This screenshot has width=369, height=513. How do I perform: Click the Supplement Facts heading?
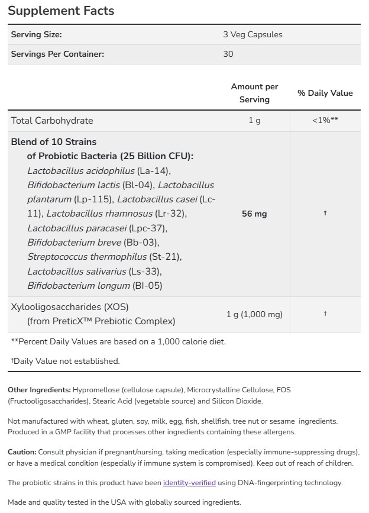(61, 11)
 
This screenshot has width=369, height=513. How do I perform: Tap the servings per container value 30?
(228, 54)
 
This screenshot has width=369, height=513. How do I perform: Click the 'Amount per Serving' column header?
(254, 93)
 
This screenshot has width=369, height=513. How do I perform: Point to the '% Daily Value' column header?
(325, 93)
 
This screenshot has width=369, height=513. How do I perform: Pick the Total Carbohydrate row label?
(52, 120)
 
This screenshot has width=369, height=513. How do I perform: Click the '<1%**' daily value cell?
(325, 120)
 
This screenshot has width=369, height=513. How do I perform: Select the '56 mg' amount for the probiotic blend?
(254, 214)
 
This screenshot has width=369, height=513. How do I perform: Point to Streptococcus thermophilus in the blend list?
(86, 257)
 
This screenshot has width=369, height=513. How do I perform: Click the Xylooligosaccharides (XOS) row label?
(70, 307)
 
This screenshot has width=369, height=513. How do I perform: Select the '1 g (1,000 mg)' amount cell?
(254, 314)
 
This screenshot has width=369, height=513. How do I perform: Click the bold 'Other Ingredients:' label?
(39, 390)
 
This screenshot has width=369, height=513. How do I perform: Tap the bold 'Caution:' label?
(22, 451)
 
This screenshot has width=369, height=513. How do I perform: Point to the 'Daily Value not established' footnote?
(66, 360)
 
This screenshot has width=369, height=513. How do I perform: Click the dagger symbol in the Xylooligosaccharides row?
(325, 314)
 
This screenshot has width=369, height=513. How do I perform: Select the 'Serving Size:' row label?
(37, 34)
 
